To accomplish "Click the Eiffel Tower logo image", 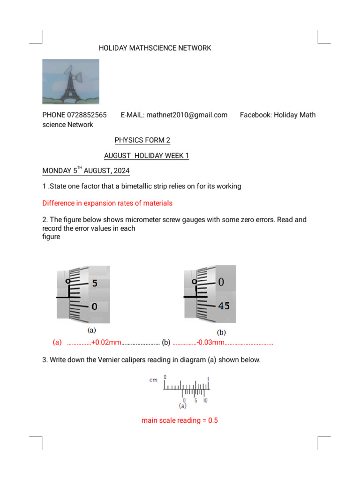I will click(71, 82).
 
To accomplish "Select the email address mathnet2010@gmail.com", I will click(187, 115).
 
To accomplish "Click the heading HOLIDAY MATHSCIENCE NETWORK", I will click(155, 48).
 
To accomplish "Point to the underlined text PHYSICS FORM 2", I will click(142, 140).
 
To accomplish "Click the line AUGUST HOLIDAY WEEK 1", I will click(146, 156).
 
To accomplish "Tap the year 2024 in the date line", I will click(121, 171).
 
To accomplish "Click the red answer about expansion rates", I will click(107, 203).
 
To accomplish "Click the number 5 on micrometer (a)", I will click(95, 283).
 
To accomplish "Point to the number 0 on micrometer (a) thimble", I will click(94, 307).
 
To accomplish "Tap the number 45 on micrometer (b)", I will click(224, 306).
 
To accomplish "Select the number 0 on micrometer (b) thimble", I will click(221, 282).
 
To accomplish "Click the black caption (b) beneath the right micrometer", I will click(221, 332).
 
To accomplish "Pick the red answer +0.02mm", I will click(106, 343).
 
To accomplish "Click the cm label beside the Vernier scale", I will click(153, 380).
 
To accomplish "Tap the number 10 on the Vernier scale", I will click(205, 400).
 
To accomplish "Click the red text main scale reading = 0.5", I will click(180, 420).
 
